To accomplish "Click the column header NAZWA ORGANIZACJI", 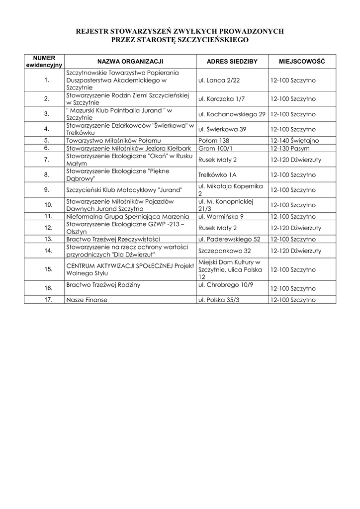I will [130, 61].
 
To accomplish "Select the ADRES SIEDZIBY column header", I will [232, 61].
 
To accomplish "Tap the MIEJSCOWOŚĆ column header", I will [302, 61].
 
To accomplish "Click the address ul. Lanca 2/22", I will [219, 80].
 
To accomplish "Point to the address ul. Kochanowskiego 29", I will [232, 114].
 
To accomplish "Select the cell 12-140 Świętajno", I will [295, 141].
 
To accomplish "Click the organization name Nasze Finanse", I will [87, 300].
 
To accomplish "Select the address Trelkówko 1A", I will [217, 175].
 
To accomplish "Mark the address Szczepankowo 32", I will [224, 251].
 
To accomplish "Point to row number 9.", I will [47, 190].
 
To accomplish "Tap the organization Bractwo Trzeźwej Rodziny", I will [103, 285].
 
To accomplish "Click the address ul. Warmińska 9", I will [221, 217].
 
